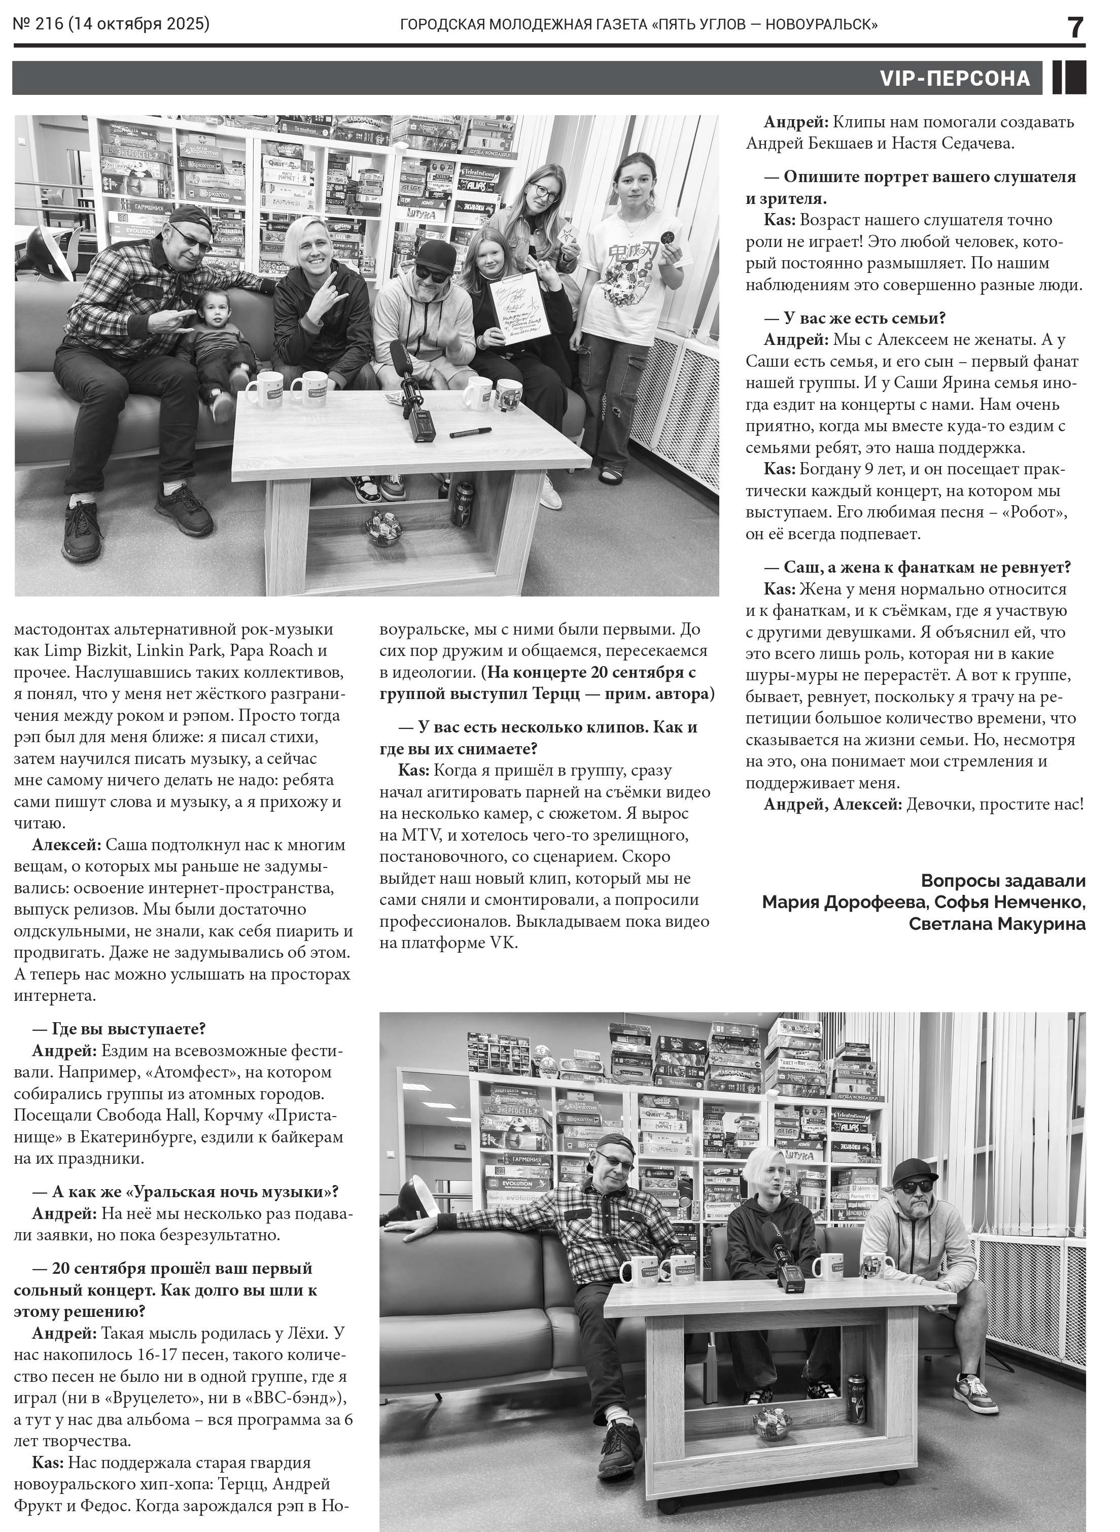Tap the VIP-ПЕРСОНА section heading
[954, 79]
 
